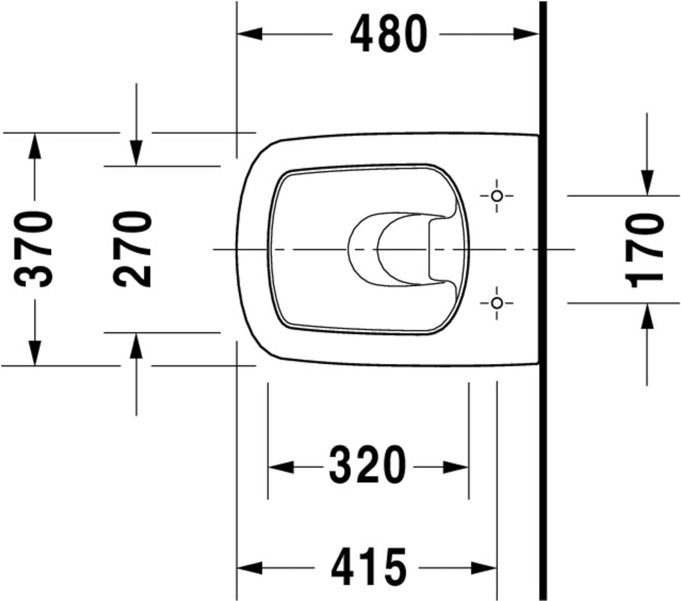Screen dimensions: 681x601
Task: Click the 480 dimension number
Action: [x=389, y=34]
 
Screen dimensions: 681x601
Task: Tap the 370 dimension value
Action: [x=34, y=250]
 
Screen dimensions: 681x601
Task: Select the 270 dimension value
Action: [x=132, y=250]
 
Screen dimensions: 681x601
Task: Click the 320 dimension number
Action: [x=368, y=465]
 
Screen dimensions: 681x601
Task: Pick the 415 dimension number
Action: [x=369, y=567]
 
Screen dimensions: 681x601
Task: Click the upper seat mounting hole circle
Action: [x=497, y=196]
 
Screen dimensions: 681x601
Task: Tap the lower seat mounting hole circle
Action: [x=497, y=303]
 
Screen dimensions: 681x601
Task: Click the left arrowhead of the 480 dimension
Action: [x=250, y=34]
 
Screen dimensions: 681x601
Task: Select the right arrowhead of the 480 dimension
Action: [x=526, y=34]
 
